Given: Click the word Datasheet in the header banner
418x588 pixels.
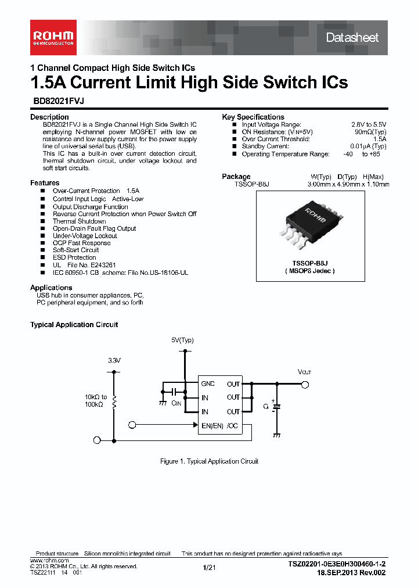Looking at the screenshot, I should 352,38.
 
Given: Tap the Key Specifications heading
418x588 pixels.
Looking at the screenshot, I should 253,117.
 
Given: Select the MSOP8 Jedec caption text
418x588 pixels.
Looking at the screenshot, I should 311,271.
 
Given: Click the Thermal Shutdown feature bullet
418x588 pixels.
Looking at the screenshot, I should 80,221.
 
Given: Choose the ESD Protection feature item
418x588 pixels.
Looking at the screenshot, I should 74,257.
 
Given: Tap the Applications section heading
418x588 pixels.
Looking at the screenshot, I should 51,288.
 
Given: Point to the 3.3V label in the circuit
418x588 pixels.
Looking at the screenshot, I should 114,360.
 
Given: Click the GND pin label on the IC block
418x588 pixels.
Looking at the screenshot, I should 208,384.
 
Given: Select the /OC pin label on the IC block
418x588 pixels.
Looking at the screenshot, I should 233,425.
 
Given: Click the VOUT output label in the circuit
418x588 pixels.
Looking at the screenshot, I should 304,372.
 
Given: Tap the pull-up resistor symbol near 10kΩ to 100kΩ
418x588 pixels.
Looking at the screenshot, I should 114,401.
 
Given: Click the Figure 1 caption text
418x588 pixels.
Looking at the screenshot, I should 209,461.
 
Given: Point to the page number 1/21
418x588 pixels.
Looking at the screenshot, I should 209,567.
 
